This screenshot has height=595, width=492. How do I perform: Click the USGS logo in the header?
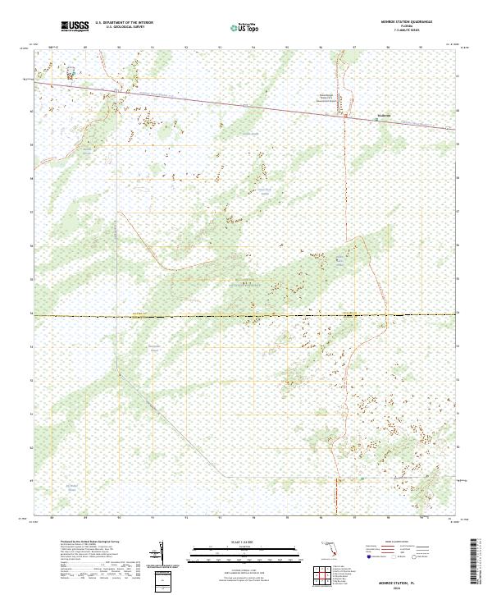[x=75, y=26]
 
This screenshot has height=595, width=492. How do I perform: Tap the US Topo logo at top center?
[x=247, y=27]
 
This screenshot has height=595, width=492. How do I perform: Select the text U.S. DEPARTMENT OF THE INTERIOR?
[x=124, y=23]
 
